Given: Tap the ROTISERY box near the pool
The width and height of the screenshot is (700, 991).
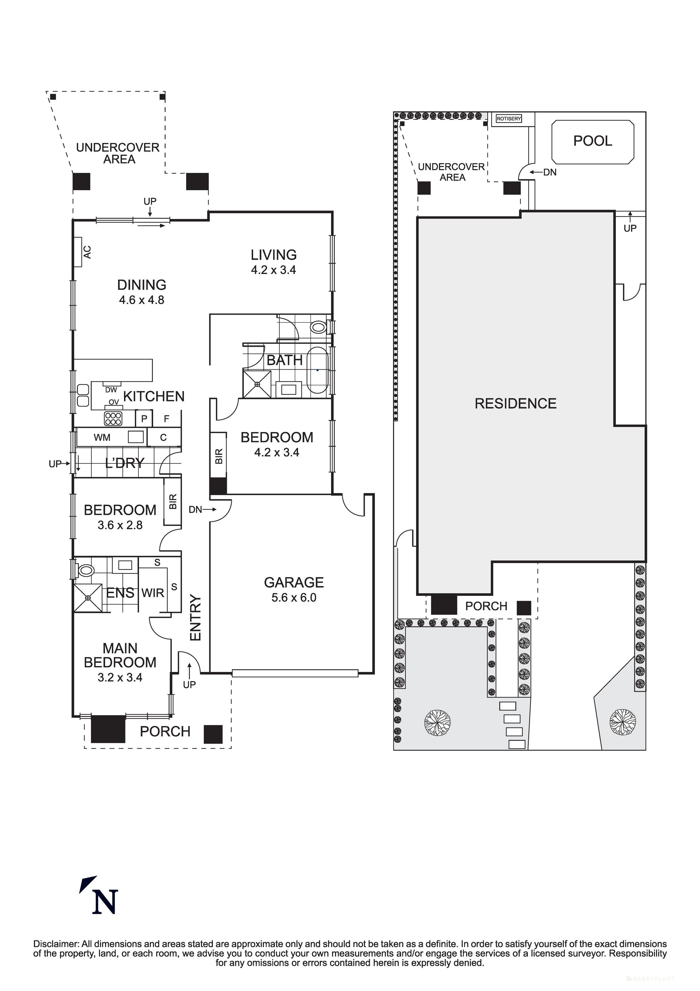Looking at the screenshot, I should pos(509,118).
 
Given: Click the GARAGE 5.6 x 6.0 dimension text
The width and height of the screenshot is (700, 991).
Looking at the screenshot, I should pos(294,598).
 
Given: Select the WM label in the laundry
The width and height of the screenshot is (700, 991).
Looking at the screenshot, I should pos(102,438).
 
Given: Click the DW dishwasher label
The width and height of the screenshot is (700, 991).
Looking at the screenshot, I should pos(111,390).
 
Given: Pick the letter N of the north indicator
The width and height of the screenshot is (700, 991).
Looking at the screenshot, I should pos(105,902).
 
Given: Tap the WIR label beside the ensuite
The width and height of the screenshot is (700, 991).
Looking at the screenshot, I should pos(153,593).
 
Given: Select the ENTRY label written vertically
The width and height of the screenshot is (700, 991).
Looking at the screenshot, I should pos(195,618).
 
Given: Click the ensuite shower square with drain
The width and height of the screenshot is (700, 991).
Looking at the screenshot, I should pos(88,598).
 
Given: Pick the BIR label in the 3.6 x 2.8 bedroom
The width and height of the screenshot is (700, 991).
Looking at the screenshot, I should pos(173,502).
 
